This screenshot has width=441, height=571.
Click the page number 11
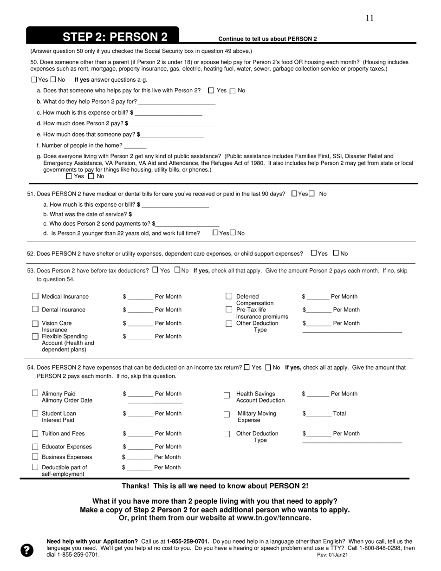click(370, 18)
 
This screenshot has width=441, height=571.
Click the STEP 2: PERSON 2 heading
click(115, 37)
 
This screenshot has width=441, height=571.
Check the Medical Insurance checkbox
click(35, 296)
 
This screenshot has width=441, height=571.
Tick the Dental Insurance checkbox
click(35, 309)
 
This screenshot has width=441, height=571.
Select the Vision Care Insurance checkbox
click(35, 324)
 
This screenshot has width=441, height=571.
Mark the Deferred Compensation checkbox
click(229, 296)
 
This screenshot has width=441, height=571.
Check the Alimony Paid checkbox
click(35, 393)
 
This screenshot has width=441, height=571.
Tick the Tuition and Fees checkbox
click(35, 434)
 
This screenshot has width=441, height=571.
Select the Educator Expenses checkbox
click(35, 447)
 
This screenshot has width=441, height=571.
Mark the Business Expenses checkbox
click(35, 457)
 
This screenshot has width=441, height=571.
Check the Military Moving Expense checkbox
click(227, 414)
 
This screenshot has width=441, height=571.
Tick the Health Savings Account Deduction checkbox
click(227, 395)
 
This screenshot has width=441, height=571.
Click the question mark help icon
click(27, 550)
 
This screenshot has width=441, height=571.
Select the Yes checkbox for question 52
click(314, 253)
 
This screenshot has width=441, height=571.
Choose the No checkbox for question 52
click(336, 253)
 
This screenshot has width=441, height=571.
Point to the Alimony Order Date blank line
click(155, 402)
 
